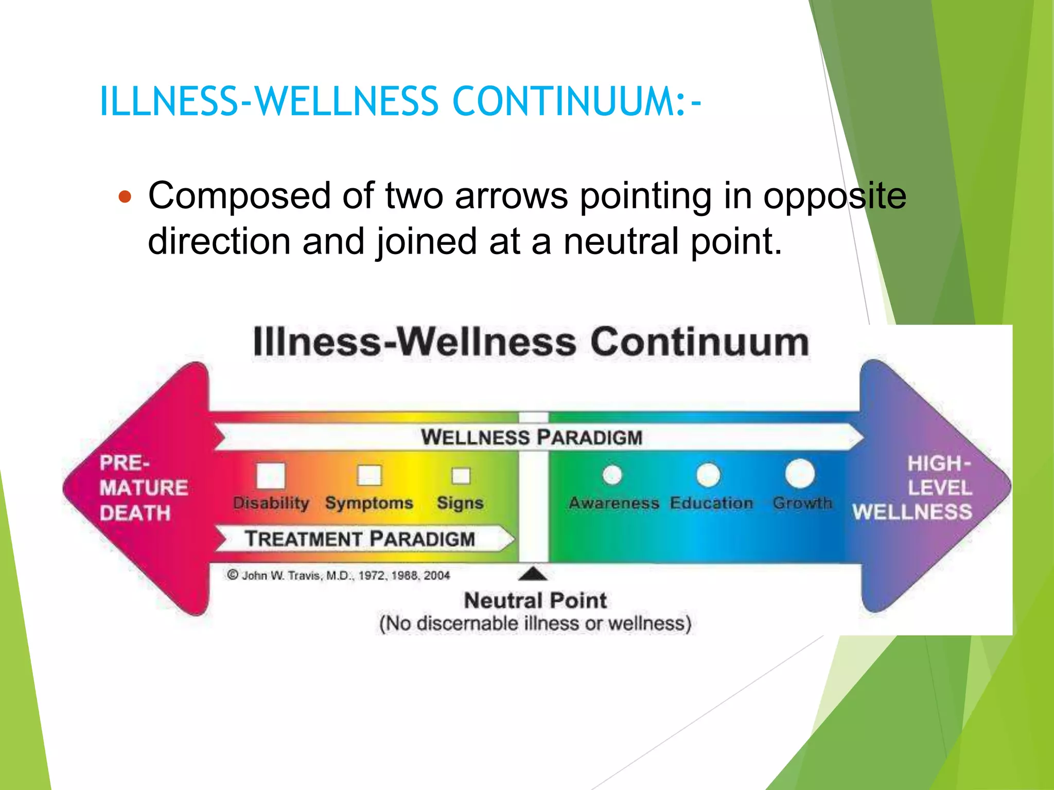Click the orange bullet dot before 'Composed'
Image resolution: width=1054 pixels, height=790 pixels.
pos(125,196)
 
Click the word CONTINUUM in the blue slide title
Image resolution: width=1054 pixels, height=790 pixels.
pos(568,101)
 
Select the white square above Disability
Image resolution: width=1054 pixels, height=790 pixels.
pos(271,475)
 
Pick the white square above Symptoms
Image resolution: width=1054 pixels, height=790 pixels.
pos(370,475)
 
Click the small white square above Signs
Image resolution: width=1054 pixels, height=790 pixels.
pos(461,476)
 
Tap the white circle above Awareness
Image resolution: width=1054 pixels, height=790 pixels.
pos(612,475)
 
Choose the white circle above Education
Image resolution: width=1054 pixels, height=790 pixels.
pos(708,475)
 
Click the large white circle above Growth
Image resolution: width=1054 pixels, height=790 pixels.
pos(800,474)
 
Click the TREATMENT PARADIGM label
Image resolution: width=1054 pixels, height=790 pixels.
pos(360,539)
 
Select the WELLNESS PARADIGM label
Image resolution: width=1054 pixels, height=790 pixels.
pos(532,437)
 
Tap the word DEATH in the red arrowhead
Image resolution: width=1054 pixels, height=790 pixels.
pos(135,513)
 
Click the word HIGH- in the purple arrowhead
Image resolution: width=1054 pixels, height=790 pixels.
pos(938,463)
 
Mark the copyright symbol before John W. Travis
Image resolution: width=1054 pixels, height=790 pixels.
pos(233,575)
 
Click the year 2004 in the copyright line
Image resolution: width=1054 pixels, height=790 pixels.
pos(436,576)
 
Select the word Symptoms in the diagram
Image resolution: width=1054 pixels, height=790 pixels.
pos(369,502)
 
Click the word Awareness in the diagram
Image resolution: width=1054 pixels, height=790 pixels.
pos(613,502)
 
